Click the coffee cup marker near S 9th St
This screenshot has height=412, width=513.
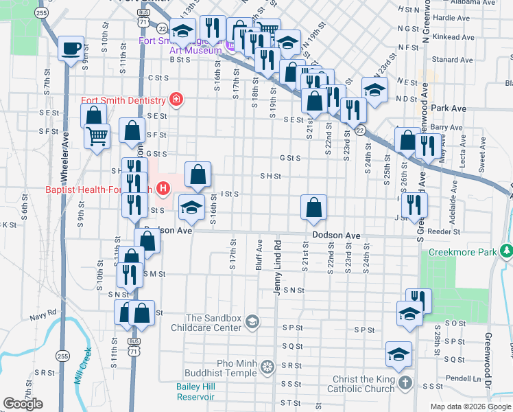coord(71,49)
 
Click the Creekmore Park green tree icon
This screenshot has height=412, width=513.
coord(506,252)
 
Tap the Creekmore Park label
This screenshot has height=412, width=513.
coord(462,252)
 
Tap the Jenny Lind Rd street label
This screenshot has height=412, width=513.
coord(278,268)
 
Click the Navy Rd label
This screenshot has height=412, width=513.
coord(42,317)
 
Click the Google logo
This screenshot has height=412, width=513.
coord(23,404)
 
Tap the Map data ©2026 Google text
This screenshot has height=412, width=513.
coord(470,407)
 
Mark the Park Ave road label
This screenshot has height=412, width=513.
coord(449,108)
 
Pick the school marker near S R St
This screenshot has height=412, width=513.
coord(398,354)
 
